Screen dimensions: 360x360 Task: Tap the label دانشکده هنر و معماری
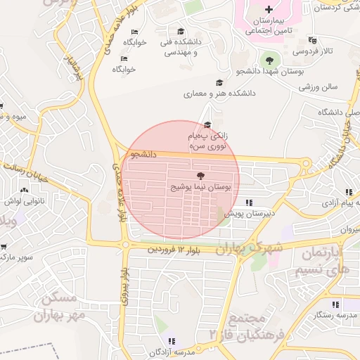tap(208, 93)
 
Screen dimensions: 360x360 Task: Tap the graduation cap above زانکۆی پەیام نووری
tap(207, 124)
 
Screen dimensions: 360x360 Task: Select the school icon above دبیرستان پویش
tap(248, 202)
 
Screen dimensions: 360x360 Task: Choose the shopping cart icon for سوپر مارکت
tap(4, 247)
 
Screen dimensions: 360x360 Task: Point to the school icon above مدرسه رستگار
tap(336, 304)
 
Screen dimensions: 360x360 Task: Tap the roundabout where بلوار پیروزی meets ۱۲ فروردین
tap(125, 245)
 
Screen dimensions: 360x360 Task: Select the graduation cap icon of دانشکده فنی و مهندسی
tap(181, 32)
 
